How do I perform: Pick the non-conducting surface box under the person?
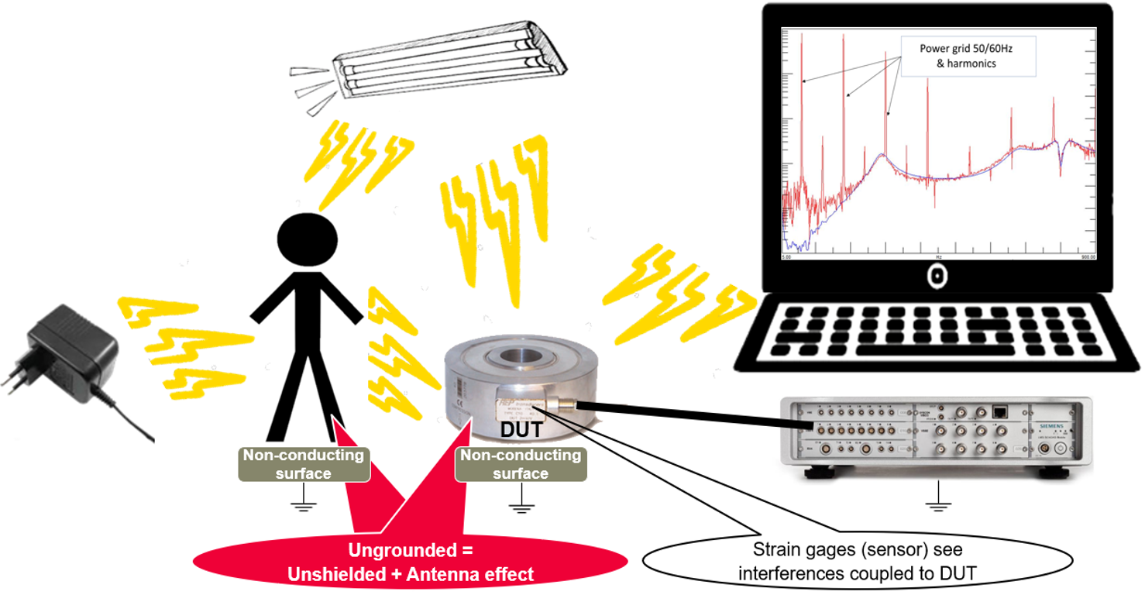(x=304, y=464)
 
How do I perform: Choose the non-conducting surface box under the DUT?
(x=521, y=464)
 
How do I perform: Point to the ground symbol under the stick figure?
(x=304, y=507)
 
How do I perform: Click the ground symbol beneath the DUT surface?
(x=521, y=507)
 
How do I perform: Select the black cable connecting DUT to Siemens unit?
(x=682, y=414)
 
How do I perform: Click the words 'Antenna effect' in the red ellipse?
(x=477, y=574)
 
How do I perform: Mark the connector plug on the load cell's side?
(x=567, y=403)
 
